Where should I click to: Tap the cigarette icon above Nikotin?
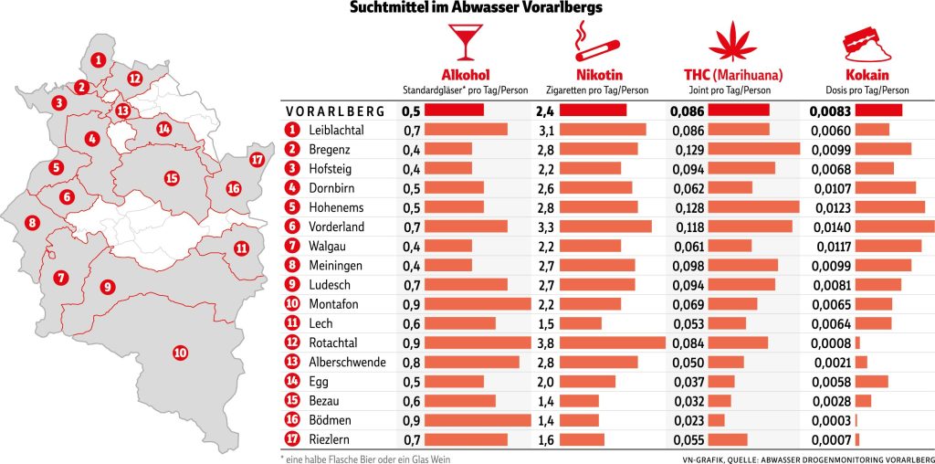[x=594, y=41]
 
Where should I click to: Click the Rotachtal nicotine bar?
[x=613, y=343]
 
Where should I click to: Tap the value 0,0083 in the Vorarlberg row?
[x=831, y=110]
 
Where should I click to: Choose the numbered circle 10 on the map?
[x=180, y=352]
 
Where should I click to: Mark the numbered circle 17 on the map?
[x=257, y=160]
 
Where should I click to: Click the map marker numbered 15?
[x=171, y=178]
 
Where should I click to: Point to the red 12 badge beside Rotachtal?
[x=292, y=343]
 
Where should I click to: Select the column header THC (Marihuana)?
[x=733, y=75]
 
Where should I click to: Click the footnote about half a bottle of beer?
[x=366, y=459]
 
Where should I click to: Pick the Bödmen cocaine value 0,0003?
[x=831, y=420]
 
